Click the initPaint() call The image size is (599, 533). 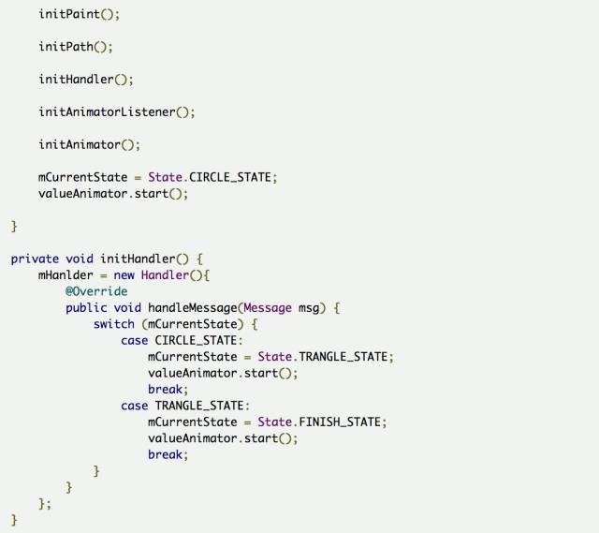click(x=80, y=15)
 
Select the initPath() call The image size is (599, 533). click(x=76, y=47)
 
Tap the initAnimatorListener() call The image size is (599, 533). click(x=117, y=112)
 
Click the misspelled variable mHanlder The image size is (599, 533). click(x=66, y=274)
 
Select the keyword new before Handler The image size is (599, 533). click(x=124, y=274)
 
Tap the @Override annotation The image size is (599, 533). click(x=96, y=291)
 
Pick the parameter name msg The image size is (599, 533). click(x=309, y=307)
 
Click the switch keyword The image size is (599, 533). click(x=113, y=324)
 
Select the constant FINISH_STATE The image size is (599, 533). click(x=340, y=422)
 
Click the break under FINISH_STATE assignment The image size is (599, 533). click(x=168, y=454)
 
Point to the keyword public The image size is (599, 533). click(x=86, y=307)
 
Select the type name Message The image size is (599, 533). click(x=268, y=307)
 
